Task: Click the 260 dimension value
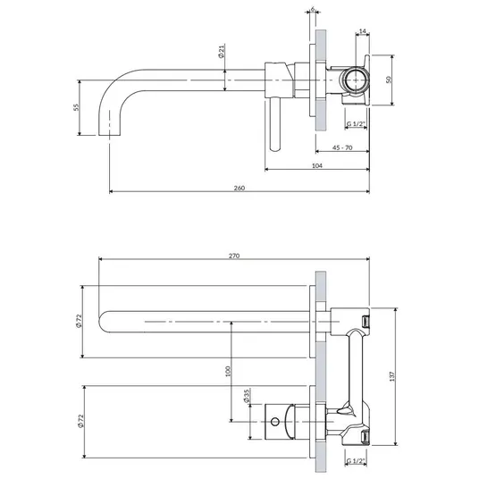tap(239, 188)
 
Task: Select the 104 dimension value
tap(317, 165)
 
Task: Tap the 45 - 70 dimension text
tap(342, 147)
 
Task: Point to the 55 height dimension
tap(76, 107)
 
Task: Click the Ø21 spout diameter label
tap(222, 51)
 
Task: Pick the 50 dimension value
tap(389, 80)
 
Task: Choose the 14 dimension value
tap(363, 31)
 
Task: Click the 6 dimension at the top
tap(313, 9)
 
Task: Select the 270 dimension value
tap(234, 256)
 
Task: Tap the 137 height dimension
tap(392, 376)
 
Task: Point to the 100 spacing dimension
tap(228, 371)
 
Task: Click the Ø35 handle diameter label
tap(247, 396)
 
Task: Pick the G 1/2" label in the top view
tap(357, 124)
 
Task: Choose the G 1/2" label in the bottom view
tap(357, 461)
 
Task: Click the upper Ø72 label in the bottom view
tap(80, 321)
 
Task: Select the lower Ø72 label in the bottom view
tap(81, 421)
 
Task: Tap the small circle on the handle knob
tap(275, 422)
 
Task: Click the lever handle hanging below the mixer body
tap(275, 124)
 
